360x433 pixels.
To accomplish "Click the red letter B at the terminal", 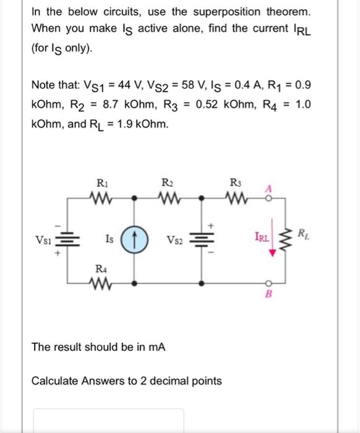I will point(268,295).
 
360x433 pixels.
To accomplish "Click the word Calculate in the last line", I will point(55,380).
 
